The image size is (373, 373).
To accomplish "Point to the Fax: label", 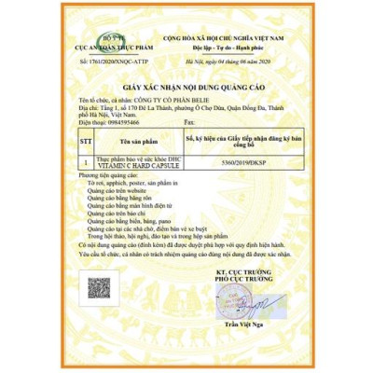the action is point(192,122).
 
